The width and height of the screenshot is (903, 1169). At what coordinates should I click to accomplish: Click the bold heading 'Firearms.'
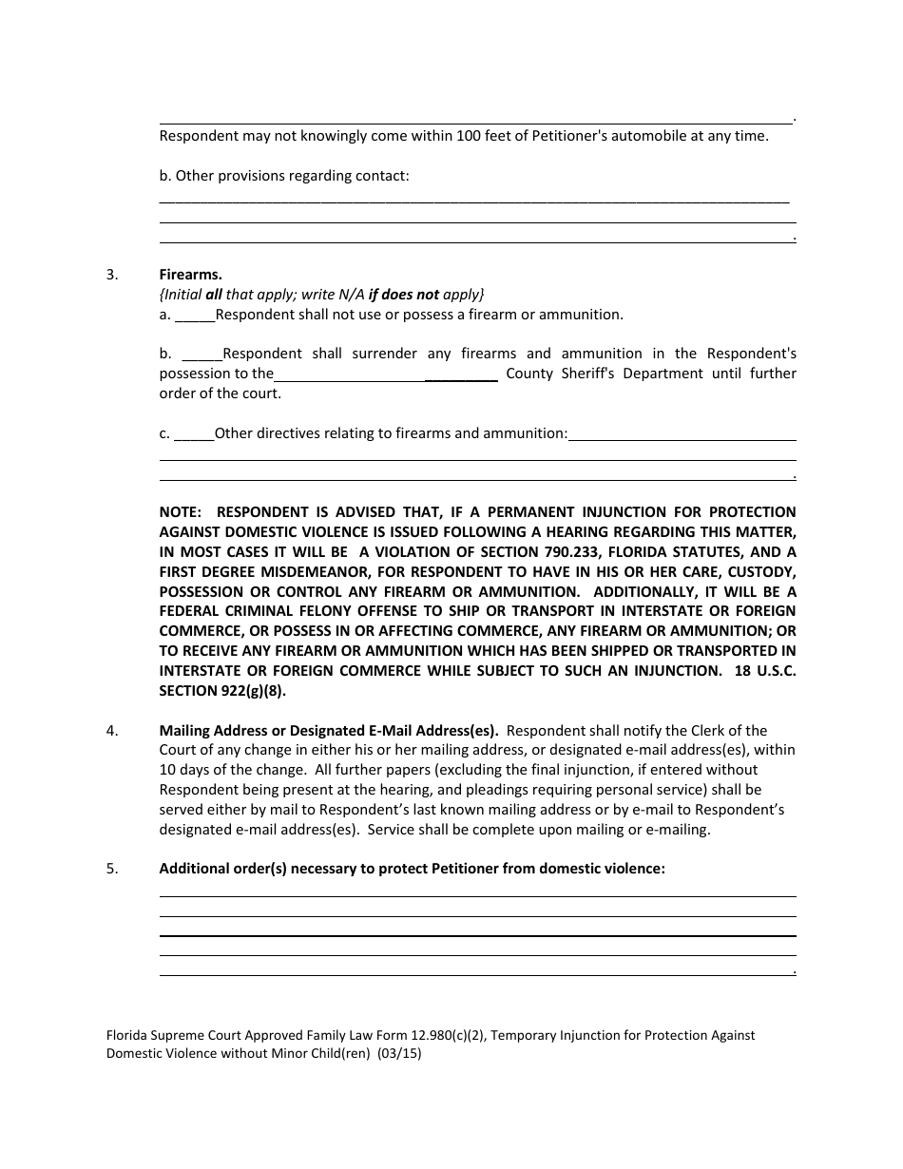(x=190, y=275)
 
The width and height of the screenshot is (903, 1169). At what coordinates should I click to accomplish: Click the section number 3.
(x=112, y=275)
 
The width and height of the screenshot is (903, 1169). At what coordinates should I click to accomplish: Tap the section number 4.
(x=112, y=731)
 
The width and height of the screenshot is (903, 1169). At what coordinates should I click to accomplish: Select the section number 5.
(x=112, y=868)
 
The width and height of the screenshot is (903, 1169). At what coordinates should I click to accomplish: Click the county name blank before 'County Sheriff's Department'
(x=386, y=374)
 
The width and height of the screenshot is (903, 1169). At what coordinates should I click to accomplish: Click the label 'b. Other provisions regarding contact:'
(x=284, y=176)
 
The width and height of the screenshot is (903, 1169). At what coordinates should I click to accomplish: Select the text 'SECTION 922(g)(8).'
(x=222, y=692)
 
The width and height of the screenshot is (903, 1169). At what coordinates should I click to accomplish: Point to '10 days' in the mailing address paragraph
(x=185, y=770)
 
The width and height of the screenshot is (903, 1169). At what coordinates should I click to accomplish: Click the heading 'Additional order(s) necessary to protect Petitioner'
(x=412, y=868)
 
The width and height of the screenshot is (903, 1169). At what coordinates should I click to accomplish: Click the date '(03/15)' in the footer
(x=398, y=1054)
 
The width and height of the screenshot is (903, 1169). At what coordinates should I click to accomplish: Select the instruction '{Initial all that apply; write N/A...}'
(x=321, y=295)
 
